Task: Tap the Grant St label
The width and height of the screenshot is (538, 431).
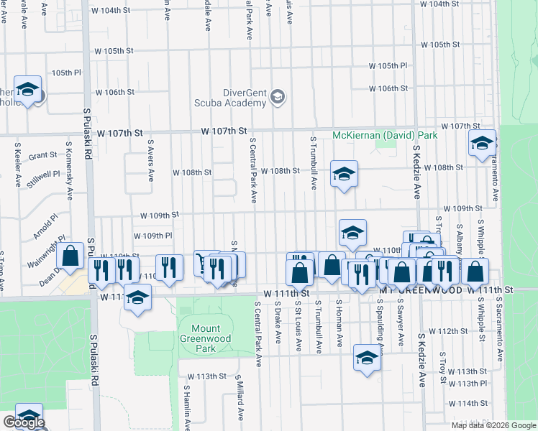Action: point(42,155)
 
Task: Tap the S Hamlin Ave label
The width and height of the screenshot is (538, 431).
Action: point(186,407)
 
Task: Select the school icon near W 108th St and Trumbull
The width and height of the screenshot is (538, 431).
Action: point(345,174)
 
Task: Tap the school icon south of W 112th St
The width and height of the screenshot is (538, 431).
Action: point(367,358)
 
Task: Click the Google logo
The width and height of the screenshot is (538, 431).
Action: point(24,422)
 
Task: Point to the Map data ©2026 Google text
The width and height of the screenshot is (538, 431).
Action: point(493,425)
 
